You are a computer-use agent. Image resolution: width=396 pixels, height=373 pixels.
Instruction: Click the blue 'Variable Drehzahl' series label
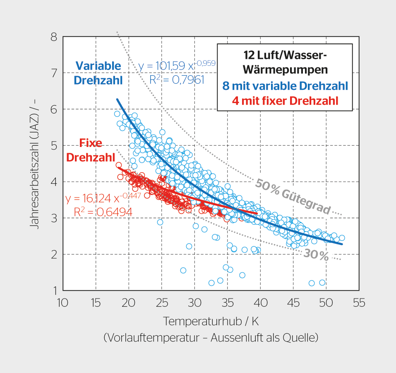coord(98,72)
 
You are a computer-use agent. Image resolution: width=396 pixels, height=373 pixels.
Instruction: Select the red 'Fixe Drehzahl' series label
coord(84,150)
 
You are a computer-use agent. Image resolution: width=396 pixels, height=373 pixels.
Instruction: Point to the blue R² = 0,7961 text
coord(177,79)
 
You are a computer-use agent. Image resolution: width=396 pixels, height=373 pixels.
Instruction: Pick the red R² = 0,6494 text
coord(103,212)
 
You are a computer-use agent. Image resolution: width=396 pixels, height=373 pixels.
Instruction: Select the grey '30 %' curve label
coord(316,255)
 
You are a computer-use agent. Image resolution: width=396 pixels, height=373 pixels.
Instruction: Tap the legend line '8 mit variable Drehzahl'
coord(285,86)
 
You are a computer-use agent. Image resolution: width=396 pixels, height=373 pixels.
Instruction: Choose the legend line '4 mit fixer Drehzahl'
coord(285,100)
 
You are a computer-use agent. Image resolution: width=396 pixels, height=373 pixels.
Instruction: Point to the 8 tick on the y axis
coord(53,37)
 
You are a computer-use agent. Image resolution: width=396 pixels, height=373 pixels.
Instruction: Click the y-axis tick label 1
coord(54,291)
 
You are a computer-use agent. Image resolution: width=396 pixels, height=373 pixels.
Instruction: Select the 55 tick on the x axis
coord(359,303)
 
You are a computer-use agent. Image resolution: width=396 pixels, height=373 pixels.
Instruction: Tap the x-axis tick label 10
coord(62,303)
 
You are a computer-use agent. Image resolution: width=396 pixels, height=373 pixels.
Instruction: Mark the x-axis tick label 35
coord(227,303)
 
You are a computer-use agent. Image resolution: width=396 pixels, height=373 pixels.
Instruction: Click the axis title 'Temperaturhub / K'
coord(211,321)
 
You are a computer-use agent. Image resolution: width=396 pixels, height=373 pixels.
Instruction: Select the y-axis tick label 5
coord(53,146)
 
